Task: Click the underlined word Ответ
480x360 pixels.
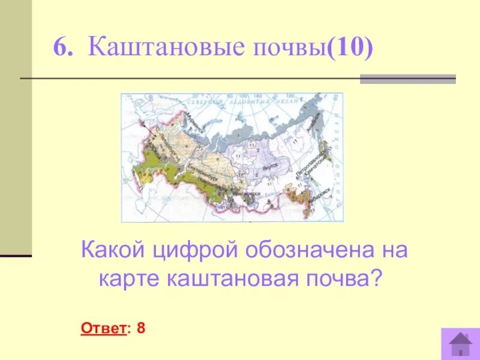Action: (x=103, y=328)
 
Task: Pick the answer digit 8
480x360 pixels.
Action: (x=142, y=328)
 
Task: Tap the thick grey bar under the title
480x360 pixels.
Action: (x=407, y=79)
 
